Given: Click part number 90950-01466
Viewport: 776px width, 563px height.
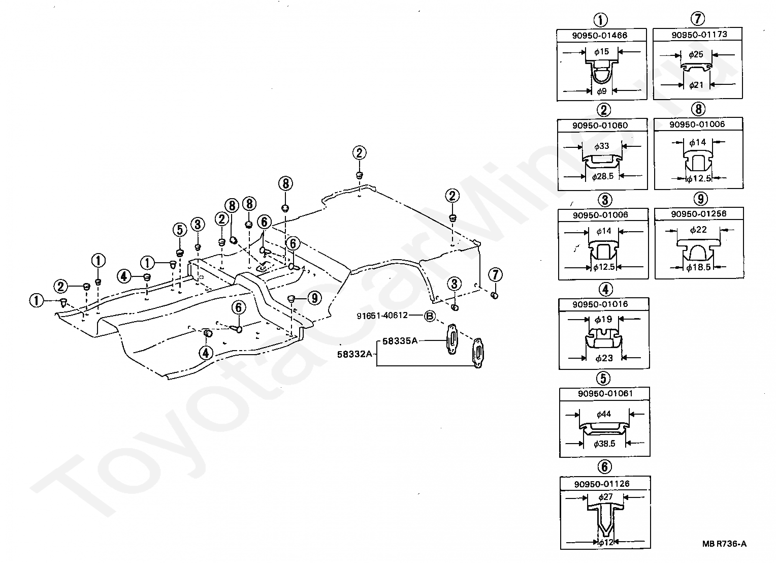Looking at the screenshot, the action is pos(599,36).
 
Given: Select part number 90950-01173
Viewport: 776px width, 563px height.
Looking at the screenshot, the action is pos(699,35).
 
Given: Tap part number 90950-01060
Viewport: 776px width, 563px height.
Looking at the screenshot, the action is pos(600,125).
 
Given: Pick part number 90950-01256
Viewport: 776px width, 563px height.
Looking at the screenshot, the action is pos(699,213).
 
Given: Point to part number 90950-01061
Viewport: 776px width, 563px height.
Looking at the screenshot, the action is pos(605,393).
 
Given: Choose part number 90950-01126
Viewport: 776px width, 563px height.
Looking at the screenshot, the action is pos(602,484).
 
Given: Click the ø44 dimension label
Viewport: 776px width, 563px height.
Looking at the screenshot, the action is pos(604,414).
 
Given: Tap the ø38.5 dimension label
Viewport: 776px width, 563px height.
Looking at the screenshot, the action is pos(604,444).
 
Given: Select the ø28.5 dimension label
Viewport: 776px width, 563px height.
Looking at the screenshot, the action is pos(603,176).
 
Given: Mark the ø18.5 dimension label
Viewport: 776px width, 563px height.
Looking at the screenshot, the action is pos(698,267).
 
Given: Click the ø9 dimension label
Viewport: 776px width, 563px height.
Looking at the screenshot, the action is pos(602,91).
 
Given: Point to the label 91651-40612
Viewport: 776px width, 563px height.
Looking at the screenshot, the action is pos(382,316).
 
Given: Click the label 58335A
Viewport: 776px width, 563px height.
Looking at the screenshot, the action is pos(400,341).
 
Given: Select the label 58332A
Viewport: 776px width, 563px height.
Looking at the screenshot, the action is pos(354,354).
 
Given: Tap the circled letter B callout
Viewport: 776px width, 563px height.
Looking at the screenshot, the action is pos(430,316).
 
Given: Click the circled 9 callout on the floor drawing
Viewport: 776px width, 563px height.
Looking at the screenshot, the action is pos(314,298).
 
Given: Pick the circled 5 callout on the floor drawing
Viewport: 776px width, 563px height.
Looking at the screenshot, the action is pos(179,230).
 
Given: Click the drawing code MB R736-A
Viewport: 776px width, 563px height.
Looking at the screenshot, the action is pos(724,544).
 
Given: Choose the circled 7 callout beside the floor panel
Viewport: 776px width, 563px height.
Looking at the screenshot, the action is pos(495,274).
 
